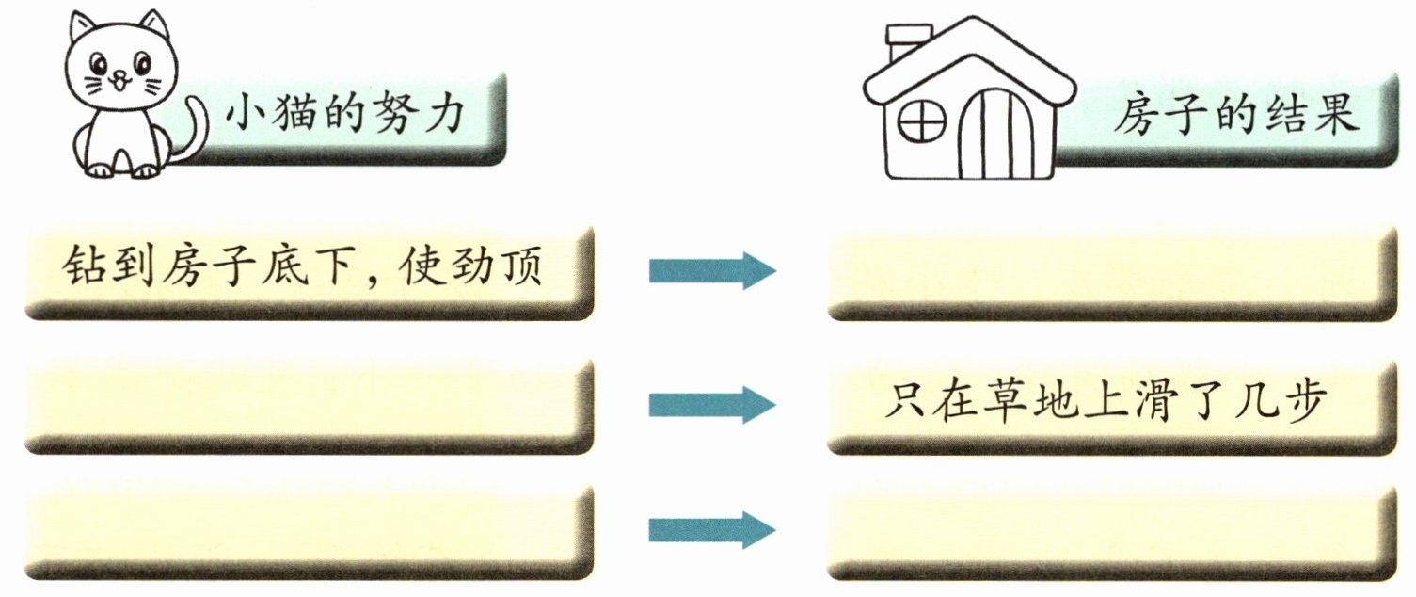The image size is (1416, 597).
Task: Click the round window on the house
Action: coord(922,120)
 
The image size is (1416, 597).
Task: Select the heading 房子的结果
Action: coord(1235,117)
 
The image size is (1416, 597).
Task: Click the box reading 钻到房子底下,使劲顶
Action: coord(307,271)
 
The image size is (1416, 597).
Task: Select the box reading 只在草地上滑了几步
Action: coord(1106,405)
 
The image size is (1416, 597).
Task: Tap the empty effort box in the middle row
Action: coord(307,405)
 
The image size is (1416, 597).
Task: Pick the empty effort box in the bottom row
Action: coord(307,531)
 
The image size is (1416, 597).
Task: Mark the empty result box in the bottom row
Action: coord(1106,531)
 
